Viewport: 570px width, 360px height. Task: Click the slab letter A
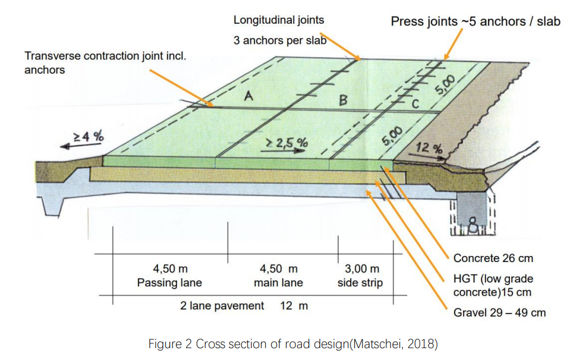click(x=248, y=96)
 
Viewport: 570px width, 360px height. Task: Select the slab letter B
click(x=343, y=100)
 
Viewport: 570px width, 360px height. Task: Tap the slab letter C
click(x=415, y=105)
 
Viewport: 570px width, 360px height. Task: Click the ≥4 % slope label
click(x=89, y=137)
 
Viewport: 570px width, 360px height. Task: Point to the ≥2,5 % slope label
click(x=287, y=143)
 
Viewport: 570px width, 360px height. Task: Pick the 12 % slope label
click(x=429, y=148)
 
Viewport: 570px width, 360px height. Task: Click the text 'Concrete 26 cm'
click(x=493, y=258)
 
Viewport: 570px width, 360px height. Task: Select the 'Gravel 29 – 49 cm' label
click(x=499, y=313)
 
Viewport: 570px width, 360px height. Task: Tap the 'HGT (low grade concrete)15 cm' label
click(x=493, y=286)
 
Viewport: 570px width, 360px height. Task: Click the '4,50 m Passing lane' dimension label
click(x=169, y=276)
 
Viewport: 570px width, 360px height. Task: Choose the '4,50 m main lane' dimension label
click(x=278, y=276)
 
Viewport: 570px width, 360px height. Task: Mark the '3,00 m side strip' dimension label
click(x=360, y=276)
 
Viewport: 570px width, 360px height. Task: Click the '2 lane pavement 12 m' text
click(x=244, y=306)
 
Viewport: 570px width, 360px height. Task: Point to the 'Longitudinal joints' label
click(x=279, y=20)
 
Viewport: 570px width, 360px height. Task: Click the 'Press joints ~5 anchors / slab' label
click(x=475, y=21)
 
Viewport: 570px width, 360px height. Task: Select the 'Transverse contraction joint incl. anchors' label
click(x=105, y=63)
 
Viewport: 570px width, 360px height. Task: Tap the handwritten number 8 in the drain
click(x=473, y=226)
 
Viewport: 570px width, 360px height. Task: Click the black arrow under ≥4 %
click(x=80, y=146)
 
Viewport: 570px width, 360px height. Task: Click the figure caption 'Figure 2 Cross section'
click(x=293, y=343)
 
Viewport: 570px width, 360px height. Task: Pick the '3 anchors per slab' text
click(x=280, y=40)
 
